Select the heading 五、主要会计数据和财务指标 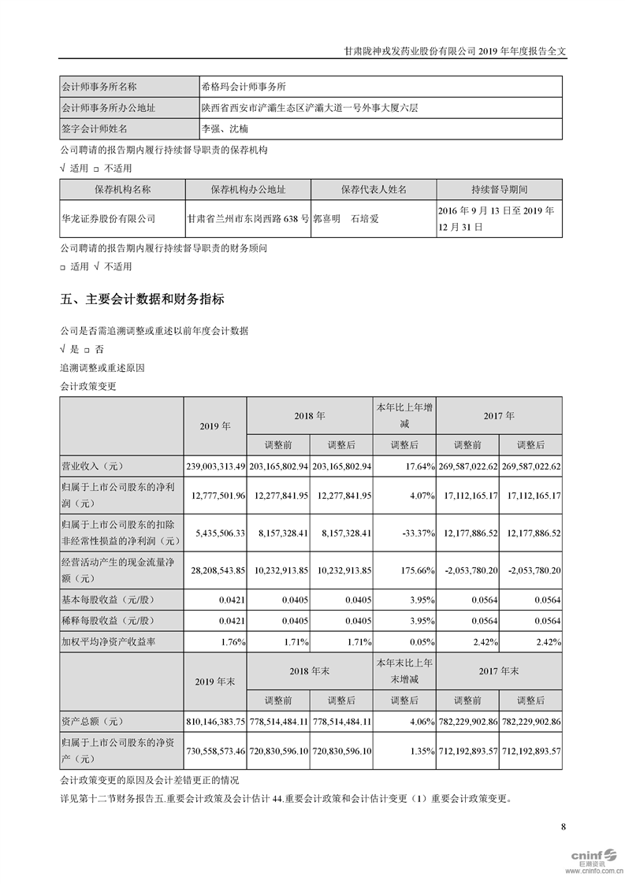142,299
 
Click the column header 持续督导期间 499,190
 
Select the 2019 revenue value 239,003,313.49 215,467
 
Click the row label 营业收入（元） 93,467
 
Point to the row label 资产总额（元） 93,721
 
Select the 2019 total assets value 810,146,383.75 215,721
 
